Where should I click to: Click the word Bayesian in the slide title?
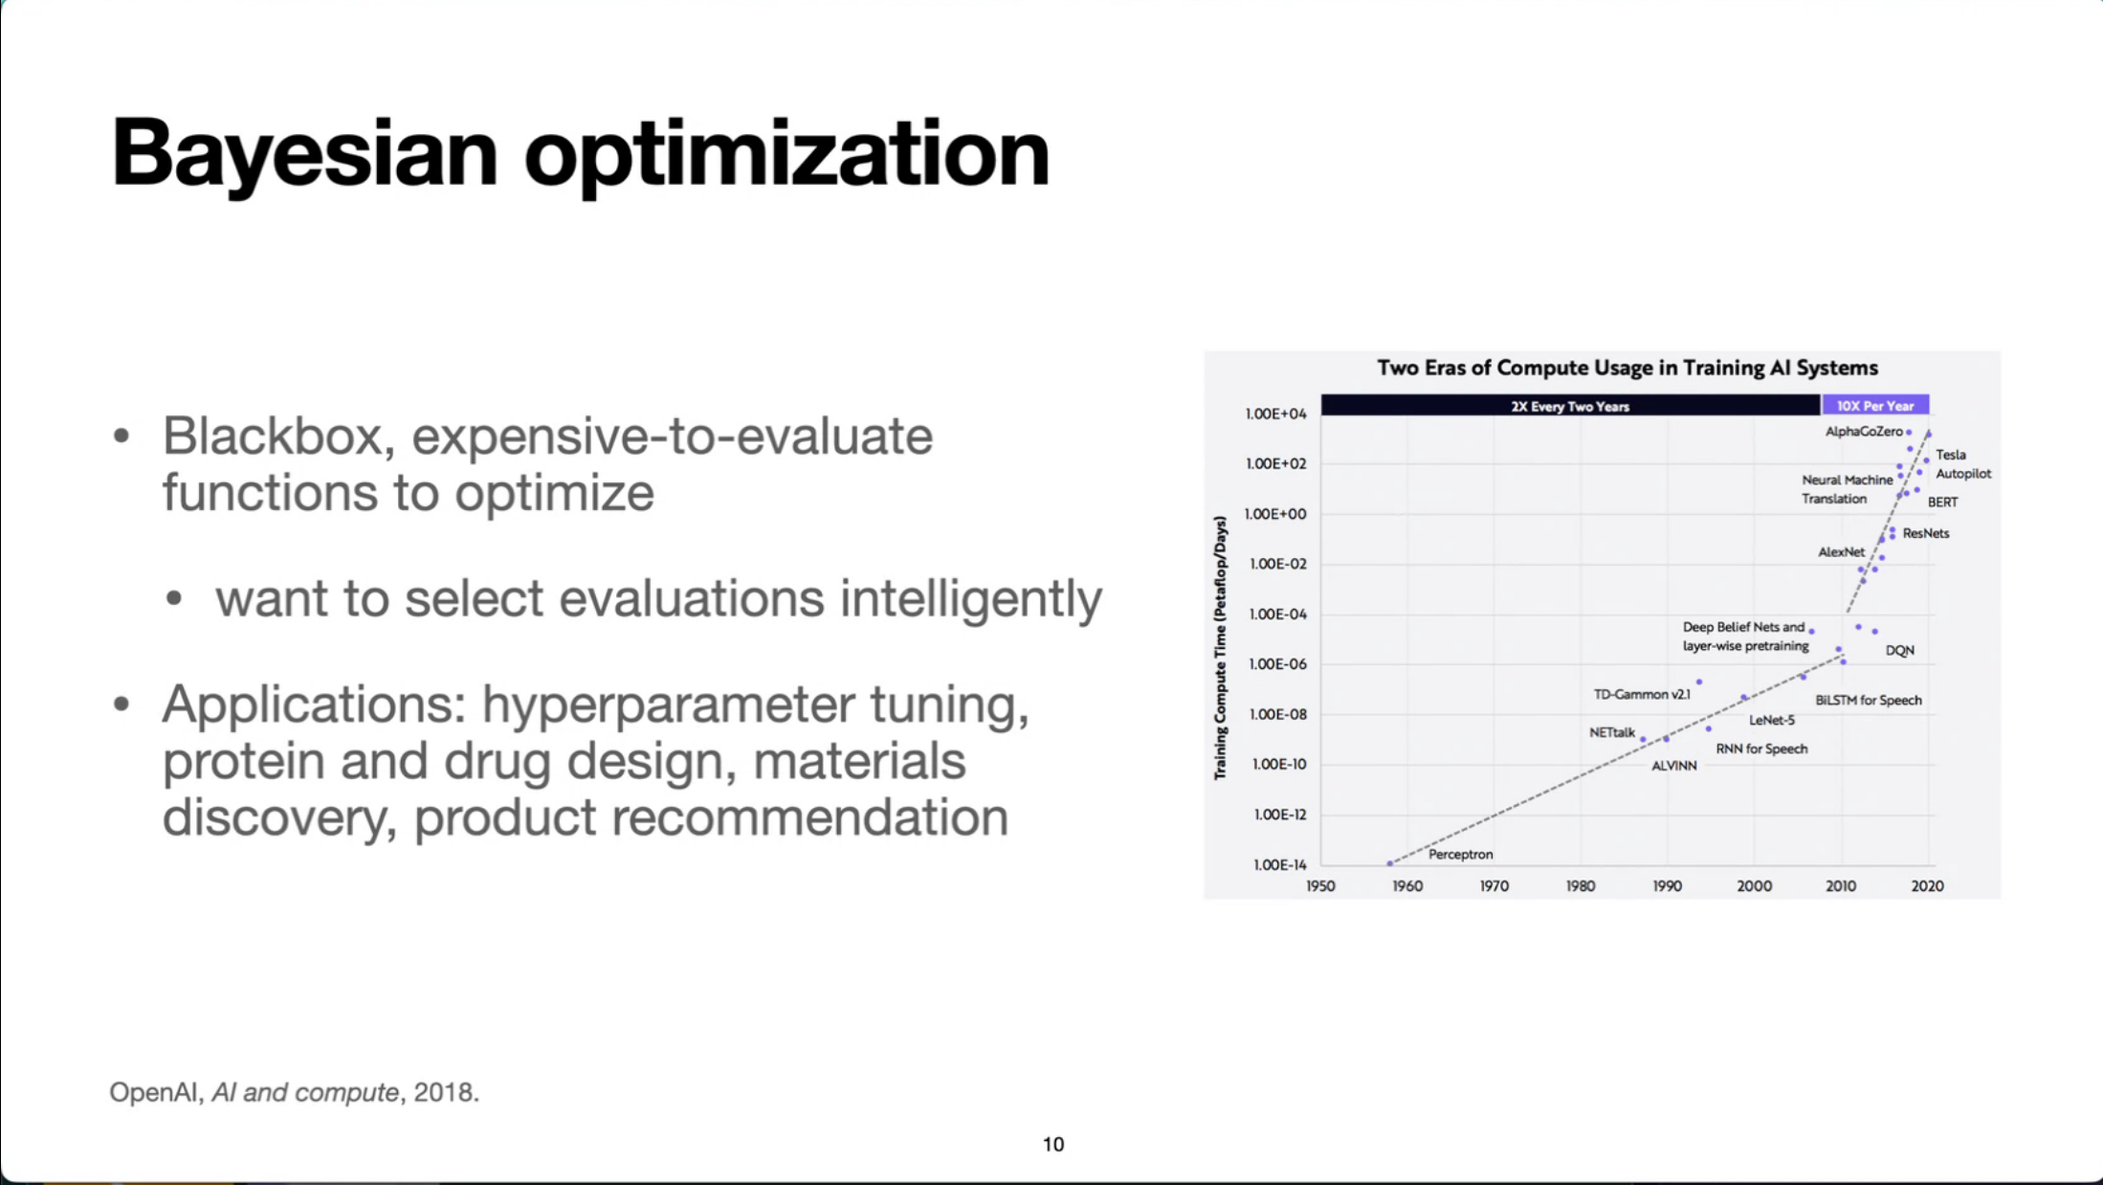click(305, 153)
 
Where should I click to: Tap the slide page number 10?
click(1053, 1144)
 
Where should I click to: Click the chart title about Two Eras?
click(1627, 368)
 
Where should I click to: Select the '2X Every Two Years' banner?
click(1570, 406)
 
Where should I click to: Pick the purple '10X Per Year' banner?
click(1875, 406)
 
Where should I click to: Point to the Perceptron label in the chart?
click(1460, 854)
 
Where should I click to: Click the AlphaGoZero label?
click(1864, 432)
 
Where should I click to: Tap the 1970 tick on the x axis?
click(1494, 886)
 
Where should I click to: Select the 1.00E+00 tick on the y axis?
click(1275, 514)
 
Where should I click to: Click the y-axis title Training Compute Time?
click(1220, 648)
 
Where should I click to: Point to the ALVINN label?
click(1674, 766)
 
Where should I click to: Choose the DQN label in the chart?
click(1900, 651)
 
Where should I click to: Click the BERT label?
click(1942, 503)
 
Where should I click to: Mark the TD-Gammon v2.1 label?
click(1642, 695)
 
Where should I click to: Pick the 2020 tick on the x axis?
click(1927, 886)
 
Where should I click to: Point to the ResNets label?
click(1925, 533)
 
